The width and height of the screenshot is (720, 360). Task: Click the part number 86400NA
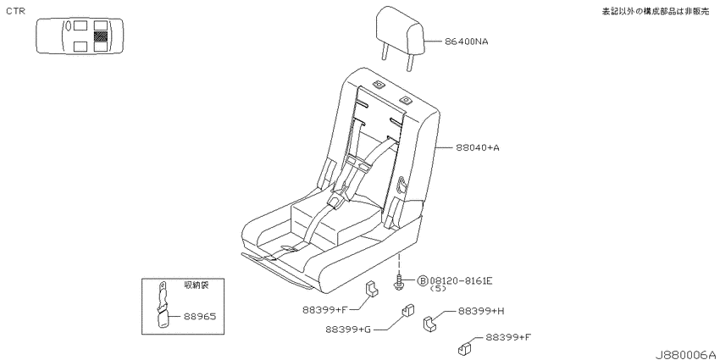tap(466, 42)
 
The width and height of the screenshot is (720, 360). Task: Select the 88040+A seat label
tap(478, 148)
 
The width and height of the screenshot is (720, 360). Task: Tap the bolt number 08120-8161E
tap(461, 280)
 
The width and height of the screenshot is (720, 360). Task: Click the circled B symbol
tap(423, 280)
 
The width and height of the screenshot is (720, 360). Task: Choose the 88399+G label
tap(347, 330)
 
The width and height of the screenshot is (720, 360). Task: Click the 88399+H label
tap(481, 311)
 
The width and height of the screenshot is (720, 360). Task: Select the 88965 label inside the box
tap(200, 317)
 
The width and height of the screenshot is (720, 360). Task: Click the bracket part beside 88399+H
tap(429, 323)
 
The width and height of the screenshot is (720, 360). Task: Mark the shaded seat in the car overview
tap(100, 36)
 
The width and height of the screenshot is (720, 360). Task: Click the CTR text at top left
tap(15, 11)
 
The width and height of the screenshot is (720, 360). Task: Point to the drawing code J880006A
tap(686, 354)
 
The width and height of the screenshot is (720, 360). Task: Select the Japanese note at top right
tap(656, 12)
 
